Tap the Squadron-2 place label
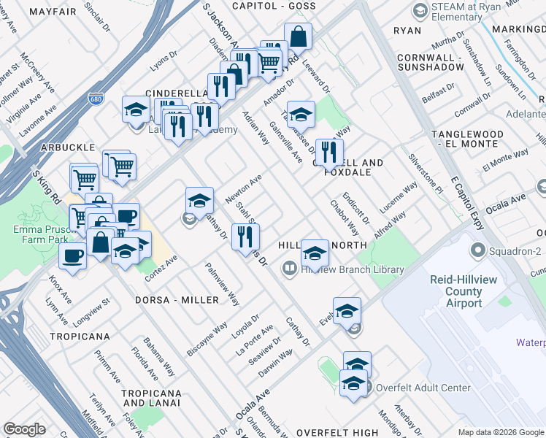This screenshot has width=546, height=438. point(515,250)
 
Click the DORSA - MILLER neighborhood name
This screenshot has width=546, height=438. point(177,300)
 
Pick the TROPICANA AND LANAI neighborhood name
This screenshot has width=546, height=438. point(150,398)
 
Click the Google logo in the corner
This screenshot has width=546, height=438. point(24,429)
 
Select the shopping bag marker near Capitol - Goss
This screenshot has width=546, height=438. point(298,36)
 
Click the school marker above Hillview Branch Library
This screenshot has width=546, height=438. point(315,253)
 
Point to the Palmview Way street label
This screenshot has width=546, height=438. point(223,284)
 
